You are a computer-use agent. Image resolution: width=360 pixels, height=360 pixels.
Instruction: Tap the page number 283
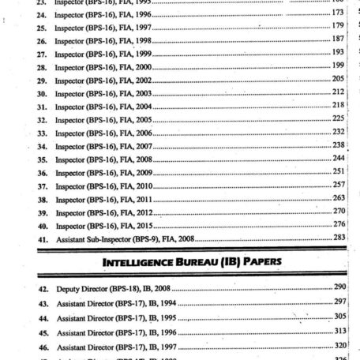pos(338,237)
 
